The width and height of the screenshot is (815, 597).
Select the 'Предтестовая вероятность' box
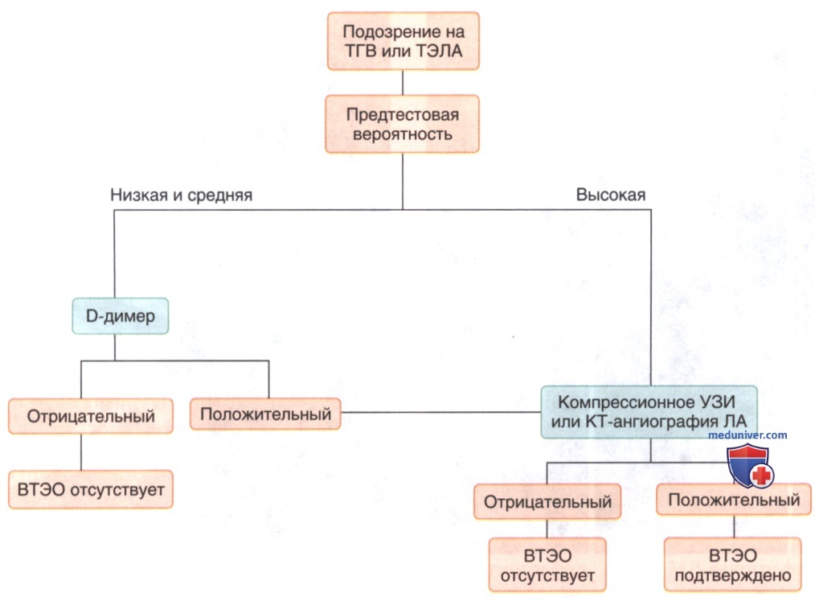tap(402, 123)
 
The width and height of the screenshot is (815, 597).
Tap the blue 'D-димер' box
tap(121, 317)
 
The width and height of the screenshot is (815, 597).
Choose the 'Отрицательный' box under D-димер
tap(91, 417)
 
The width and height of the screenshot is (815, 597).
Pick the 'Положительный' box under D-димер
tap(265, 415)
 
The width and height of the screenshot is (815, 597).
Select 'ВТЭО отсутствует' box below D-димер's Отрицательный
tap(91, 488)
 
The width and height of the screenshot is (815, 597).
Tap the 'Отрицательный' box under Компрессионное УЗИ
tap(547, 502)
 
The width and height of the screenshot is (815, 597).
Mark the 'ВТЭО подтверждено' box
tap(733, 566)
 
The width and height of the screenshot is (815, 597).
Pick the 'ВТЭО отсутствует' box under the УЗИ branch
tap(547, 566)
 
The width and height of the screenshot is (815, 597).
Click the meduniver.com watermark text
tap(747, 435)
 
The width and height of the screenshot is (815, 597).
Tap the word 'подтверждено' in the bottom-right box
tap(733, 575)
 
